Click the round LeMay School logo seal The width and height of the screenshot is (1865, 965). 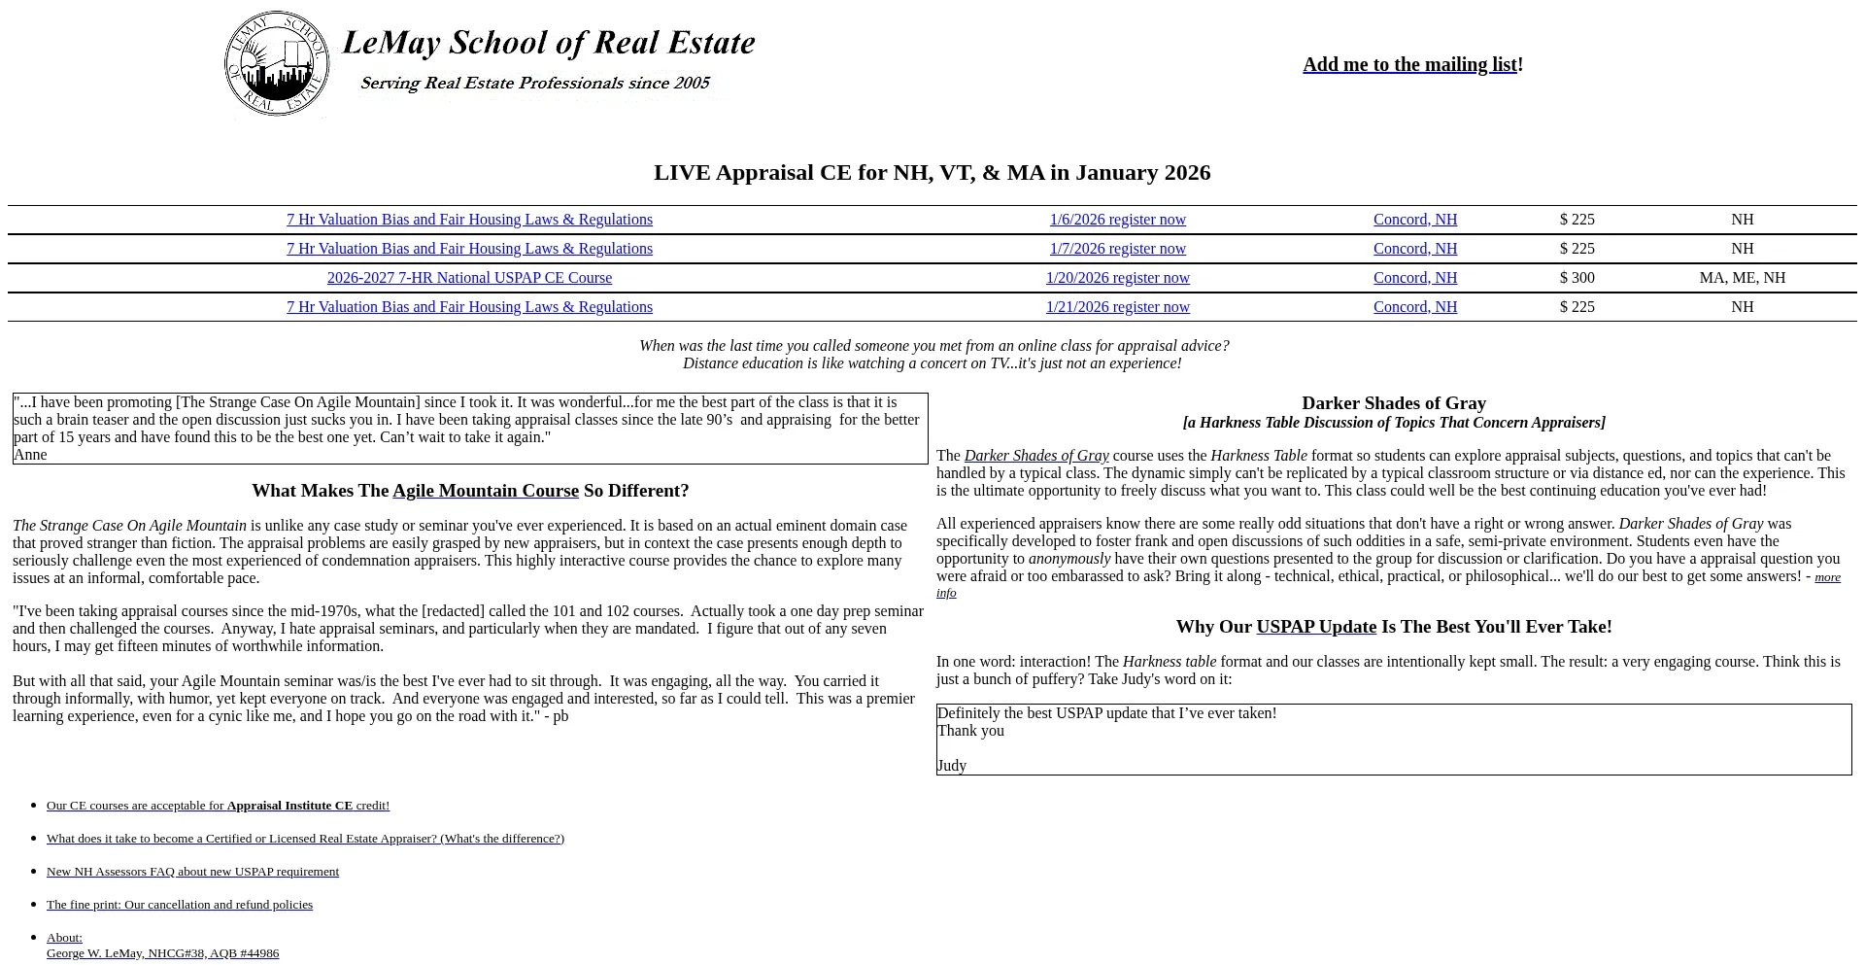[x=277, y=64]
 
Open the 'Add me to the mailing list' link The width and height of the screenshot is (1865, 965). [x=1409, y=64]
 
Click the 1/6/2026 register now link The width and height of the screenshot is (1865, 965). [x=1117, y=220]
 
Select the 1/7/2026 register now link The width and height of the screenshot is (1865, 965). [x=1117, y=249]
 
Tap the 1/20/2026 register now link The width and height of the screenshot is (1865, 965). [x=1117, y=278]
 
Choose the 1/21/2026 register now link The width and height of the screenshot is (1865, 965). [x=1117, y=307]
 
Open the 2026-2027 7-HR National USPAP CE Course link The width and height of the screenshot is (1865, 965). [x=469, y=278]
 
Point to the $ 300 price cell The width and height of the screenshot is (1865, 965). [x=1577, y=278]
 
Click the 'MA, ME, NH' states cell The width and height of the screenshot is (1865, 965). [x=1742, y=278]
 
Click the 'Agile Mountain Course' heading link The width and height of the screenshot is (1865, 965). [x=486, y=491]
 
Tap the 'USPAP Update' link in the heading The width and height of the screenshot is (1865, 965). [x=1316, y=627]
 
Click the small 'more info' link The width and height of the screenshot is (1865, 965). [x=1827, y=577]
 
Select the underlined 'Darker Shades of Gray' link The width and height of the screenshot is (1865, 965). [x=1035, y=456]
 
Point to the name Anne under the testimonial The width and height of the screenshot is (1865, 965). [x=30, y=455]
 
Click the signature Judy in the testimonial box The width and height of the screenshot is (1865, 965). [x=952, y=766]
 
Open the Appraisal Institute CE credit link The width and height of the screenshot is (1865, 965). [x=218, y=806]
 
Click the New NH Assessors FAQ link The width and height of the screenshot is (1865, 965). [x=192, y=872]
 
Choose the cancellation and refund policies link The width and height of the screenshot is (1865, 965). [x=180, y=905]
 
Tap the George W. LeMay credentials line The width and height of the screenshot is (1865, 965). [x=162, y=953]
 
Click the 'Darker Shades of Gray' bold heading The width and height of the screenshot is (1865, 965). [x=1393, y=403]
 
